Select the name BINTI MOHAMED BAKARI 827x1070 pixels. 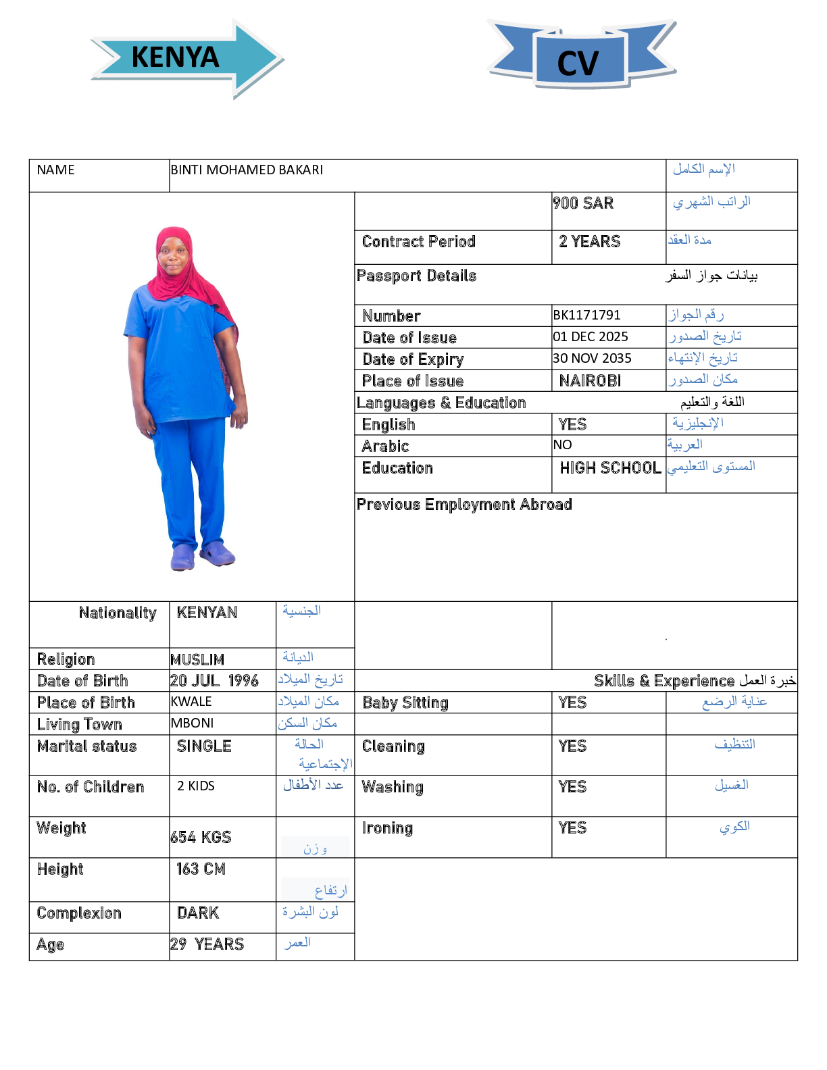tap(247, 170)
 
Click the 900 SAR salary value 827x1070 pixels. tap(583, 203)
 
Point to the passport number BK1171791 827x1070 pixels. tap(586, 315)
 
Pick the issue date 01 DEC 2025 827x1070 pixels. tap(591, 337)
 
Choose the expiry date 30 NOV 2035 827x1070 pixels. tap(592, 359)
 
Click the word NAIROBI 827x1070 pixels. tap(590, 381)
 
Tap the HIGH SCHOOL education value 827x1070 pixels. tap(610, 468)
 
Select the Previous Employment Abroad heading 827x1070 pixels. tap(464, 505)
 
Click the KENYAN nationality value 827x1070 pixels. tap(207, 613)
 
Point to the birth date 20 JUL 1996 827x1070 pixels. tap(214, 681)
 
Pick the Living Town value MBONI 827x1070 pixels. tap(192, 723)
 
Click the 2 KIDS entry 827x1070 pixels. tap(196, 786)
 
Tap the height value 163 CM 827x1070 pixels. tap(201, 869)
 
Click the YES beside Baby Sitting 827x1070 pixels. tap(572, 703)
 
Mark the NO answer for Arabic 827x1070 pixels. tap(562, 445)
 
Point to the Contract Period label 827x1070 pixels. tap(419, 242)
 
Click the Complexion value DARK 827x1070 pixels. tap(198, 913)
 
